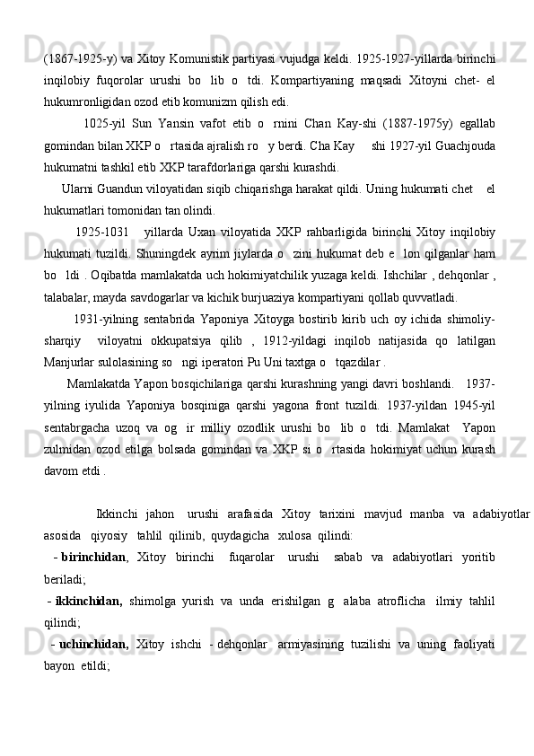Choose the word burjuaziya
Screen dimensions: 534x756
pyautogui.click(x=288, y=299)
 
